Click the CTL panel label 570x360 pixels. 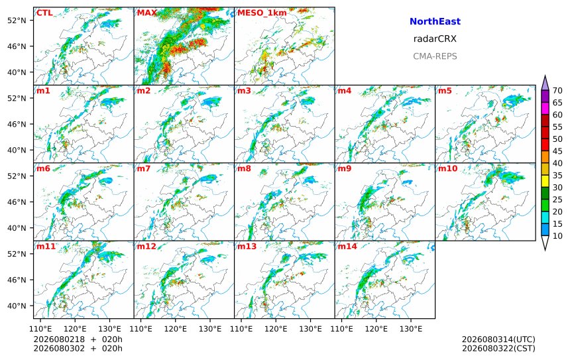coord(44,13)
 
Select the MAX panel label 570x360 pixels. coord(147,13)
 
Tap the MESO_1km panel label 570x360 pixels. coord(262,13)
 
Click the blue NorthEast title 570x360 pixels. coord(435,21)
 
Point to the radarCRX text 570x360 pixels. coord(435,39)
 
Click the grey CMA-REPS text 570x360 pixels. coord(435,56)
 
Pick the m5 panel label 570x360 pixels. coord(445,91)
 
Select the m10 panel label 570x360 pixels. coord(447,168)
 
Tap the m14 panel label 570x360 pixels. coord(347,247)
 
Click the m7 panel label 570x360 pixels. coord(143,168)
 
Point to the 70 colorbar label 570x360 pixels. coord(557,91)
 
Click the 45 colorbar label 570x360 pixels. coord(557,151)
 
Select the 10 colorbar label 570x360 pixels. coord(557,236)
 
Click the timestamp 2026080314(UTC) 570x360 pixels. coord(498,339)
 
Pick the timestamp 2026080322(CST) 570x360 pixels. coord(498,348)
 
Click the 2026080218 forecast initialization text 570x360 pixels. coord(59,339)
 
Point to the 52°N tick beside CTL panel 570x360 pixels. coord(17,21)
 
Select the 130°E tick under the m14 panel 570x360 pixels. coord(411,329)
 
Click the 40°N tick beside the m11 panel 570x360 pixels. coord(17,306)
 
